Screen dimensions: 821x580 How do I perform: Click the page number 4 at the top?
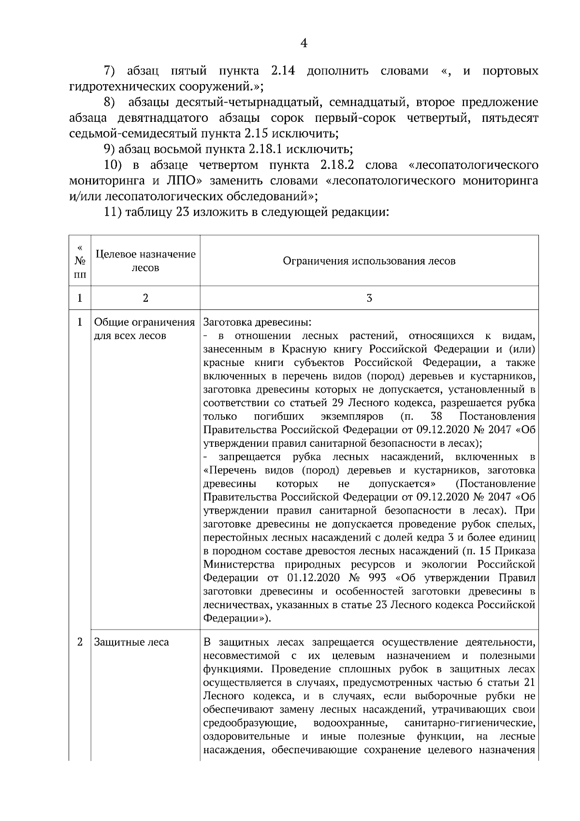(x=304, y=44)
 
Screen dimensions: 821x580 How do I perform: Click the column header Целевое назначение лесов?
(x=145, y=261)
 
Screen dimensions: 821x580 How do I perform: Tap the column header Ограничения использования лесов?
(x=369, y=261)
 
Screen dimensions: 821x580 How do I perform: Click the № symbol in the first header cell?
(x=80, y=261)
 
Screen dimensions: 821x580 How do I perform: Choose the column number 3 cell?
(x=369, y=298)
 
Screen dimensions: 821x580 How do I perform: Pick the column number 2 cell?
(x=145, y=298)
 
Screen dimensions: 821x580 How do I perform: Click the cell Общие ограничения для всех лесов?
(x=144, y=329)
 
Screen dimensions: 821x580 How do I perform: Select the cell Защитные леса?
(x=131, y=642)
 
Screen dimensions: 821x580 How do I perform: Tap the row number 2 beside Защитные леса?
(x=80, y=642)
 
